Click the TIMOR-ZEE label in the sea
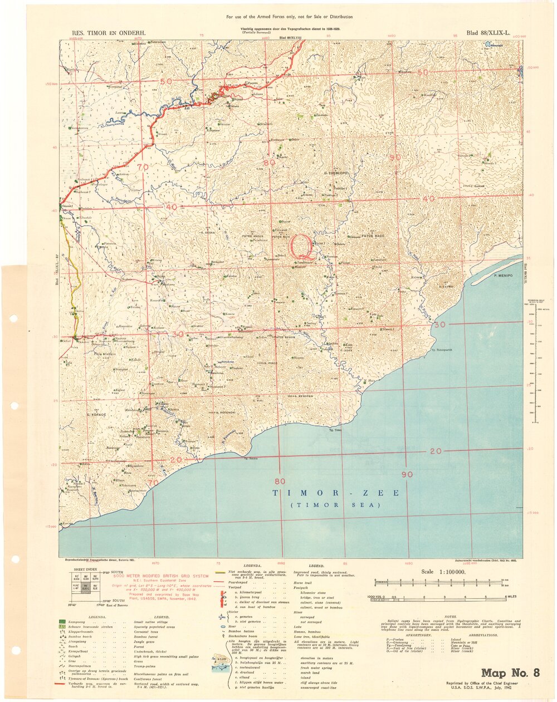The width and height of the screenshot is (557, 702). pos(335,493)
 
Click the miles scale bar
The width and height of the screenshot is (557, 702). pos(445,597)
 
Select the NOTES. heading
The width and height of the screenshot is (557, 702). pos(451,617)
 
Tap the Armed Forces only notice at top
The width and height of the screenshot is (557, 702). pos(290,17)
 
